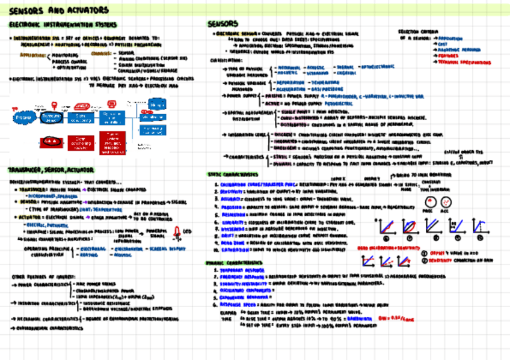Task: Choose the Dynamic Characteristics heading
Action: click(234, 263)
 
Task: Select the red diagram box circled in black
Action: click(50, 141)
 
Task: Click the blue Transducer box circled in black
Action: click(51, 117)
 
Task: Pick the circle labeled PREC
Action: click(429, 204)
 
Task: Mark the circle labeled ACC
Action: click(445, 204)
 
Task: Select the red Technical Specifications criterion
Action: click(464, 62)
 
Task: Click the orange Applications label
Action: click(33, 55)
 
